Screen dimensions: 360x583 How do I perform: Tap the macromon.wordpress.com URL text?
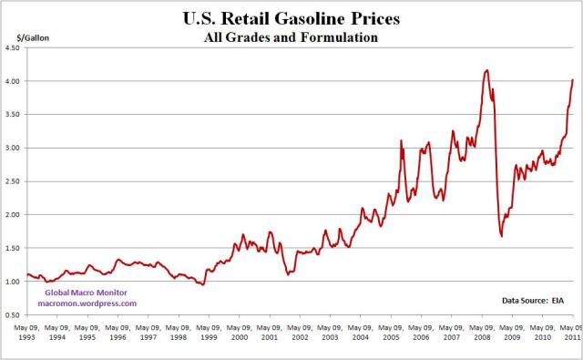pos(87,303)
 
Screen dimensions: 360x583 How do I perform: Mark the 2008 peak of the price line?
pos(487,70)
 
